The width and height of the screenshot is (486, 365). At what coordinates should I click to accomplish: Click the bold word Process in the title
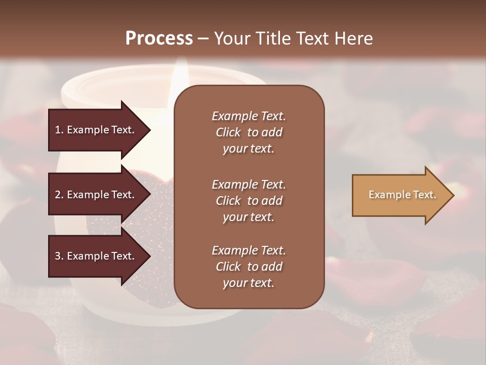point(159,39)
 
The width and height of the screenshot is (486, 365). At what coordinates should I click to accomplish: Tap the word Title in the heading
point(275,39)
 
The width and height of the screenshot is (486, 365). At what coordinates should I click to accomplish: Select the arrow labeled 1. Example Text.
point(96,130)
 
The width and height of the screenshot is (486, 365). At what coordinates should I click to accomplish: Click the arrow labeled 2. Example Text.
point(96,195)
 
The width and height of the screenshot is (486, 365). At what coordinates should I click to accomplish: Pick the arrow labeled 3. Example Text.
point(96,256)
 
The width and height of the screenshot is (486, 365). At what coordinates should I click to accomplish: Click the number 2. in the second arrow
point(59,195)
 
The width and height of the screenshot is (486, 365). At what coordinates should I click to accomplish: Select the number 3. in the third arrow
point(59,256)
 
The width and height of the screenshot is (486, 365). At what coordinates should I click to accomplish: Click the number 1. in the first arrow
point(59,130)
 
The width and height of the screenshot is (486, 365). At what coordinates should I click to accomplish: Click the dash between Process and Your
point(203,39)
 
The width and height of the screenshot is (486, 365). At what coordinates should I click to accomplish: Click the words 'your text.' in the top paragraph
point(249,149)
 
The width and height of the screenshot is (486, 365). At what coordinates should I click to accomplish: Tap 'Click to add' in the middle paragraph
point(249,201)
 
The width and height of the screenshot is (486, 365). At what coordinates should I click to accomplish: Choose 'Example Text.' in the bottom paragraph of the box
point(249,250)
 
